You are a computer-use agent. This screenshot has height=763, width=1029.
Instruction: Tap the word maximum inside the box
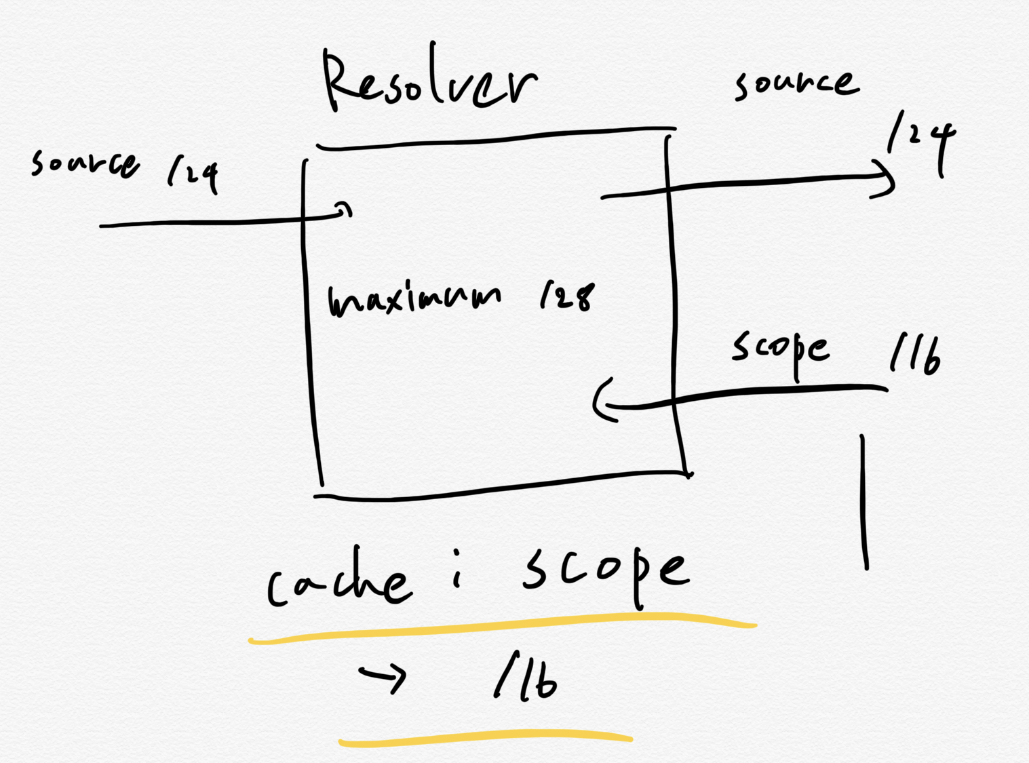coord(414,300)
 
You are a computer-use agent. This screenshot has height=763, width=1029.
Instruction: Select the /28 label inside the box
coord(567,296)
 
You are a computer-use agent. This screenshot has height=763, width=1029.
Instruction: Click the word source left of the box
coord(85,163)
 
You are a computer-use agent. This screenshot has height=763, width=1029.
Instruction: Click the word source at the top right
coord(796,84)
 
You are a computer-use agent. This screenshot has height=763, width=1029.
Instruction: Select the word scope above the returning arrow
coord(780,349)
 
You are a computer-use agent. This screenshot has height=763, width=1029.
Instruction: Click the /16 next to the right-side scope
coord(915,353)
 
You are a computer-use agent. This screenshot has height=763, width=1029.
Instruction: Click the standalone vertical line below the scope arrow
coord(864,502)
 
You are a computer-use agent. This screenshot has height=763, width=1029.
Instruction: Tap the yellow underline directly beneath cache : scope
coord(502,627)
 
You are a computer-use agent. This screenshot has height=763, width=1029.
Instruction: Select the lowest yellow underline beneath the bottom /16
coord(485,738)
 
